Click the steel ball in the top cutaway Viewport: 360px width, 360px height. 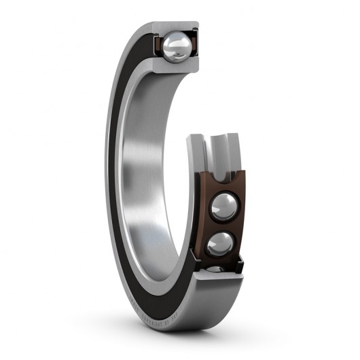pos(177,46)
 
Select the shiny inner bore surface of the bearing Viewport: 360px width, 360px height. pos(146,170)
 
